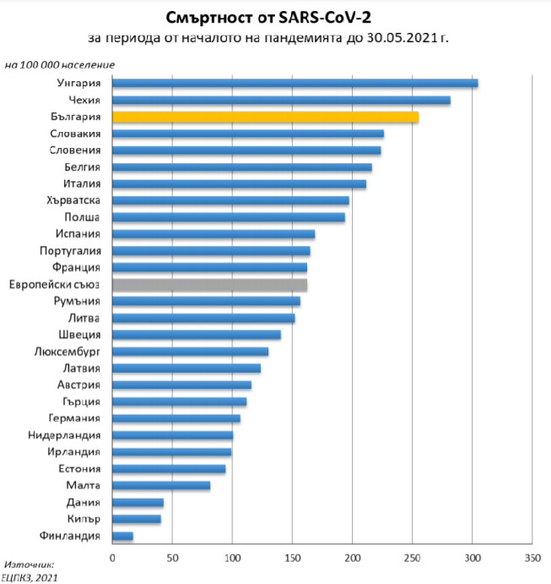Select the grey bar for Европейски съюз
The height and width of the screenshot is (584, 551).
209,284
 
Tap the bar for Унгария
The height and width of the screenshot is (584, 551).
294,83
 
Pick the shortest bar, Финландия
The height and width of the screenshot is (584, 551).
122,535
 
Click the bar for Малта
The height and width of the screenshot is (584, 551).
161,485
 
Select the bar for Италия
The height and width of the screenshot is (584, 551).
239,183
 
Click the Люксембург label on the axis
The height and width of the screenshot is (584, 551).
68,351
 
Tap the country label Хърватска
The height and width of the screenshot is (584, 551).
75,200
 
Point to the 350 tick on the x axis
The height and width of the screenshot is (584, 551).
532,558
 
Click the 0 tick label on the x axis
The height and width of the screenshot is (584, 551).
112,558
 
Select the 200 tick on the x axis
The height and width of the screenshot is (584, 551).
352,558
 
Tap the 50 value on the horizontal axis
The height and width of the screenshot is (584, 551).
172,558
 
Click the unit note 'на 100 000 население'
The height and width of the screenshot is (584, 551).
60,64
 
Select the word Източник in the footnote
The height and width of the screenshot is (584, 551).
29,564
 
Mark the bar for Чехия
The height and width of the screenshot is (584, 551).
281,100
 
